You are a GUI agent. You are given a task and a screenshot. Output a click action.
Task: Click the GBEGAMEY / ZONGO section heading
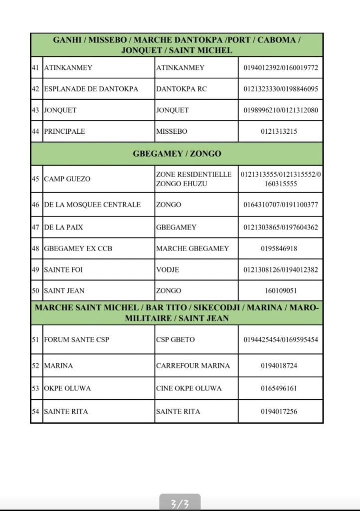coord(177,154)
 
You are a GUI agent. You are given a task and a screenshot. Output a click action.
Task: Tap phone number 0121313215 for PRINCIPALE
coord(280,131)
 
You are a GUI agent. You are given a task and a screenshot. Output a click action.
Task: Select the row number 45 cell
coord(35,179)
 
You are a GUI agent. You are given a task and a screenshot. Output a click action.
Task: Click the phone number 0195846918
coord(280,249)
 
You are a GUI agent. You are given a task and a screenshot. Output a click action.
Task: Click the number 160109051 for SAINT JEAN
coord(280,290)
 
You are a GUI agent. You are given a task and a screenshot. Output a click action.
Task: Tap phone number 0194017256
coord(280,411)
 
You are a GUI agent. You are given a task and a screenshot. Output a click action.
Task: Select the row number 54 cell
coord(35,411)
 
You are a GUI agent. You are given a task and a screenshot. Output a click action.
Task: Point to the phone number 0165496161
coord(280,388)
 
